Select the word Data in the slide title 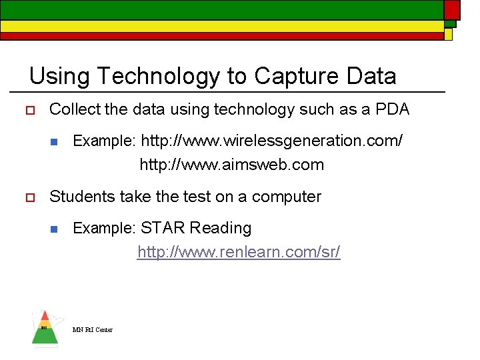371,77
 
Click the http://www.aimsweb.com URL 231,165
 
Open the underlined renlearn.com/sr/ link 239,252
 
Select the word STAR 163,228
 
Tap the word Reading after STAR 221,229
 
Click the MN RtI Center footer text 93,329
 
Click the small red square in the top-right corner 452,9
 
